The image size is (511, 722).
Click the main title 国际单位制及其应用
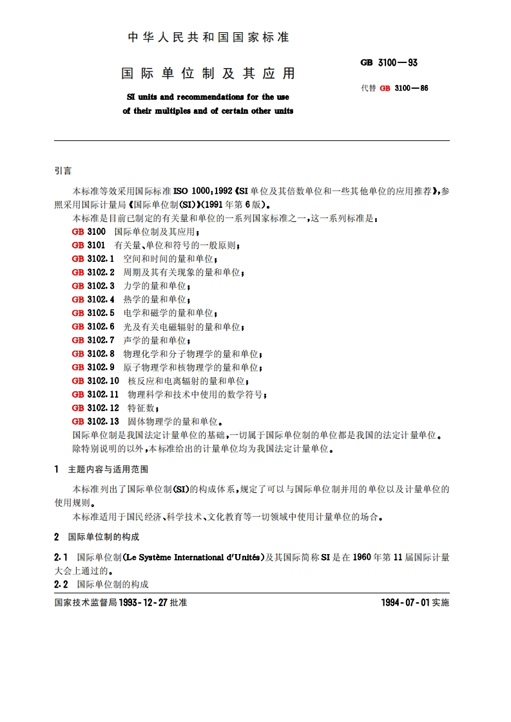tap(208, 73)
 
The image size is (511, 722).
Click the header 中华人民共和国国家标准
tap(208, 37)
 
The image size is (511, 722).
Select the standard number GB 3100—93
tap(389, 62)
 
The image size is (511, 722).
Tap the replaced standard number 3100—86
tap(411, 88)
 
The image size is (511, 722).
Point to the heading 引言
tap(63, 171)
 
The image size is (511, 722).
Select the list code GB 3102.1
tap(93, 259)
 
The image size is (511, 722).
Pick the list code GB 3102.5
tap(93, 313)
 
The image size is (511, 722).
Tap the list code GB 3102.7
tap(93, 340)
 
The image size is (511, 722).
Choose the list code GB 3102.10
tap(95, 381)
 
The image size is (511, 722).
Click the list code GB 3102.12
tap(95, 408)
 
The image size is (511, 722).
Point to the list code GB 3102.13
tap(95, 421)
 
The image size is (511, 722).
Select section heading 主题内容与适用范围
tap(108, 469)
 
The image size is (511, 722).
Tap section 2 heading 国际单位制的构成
tap(104, 537)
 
